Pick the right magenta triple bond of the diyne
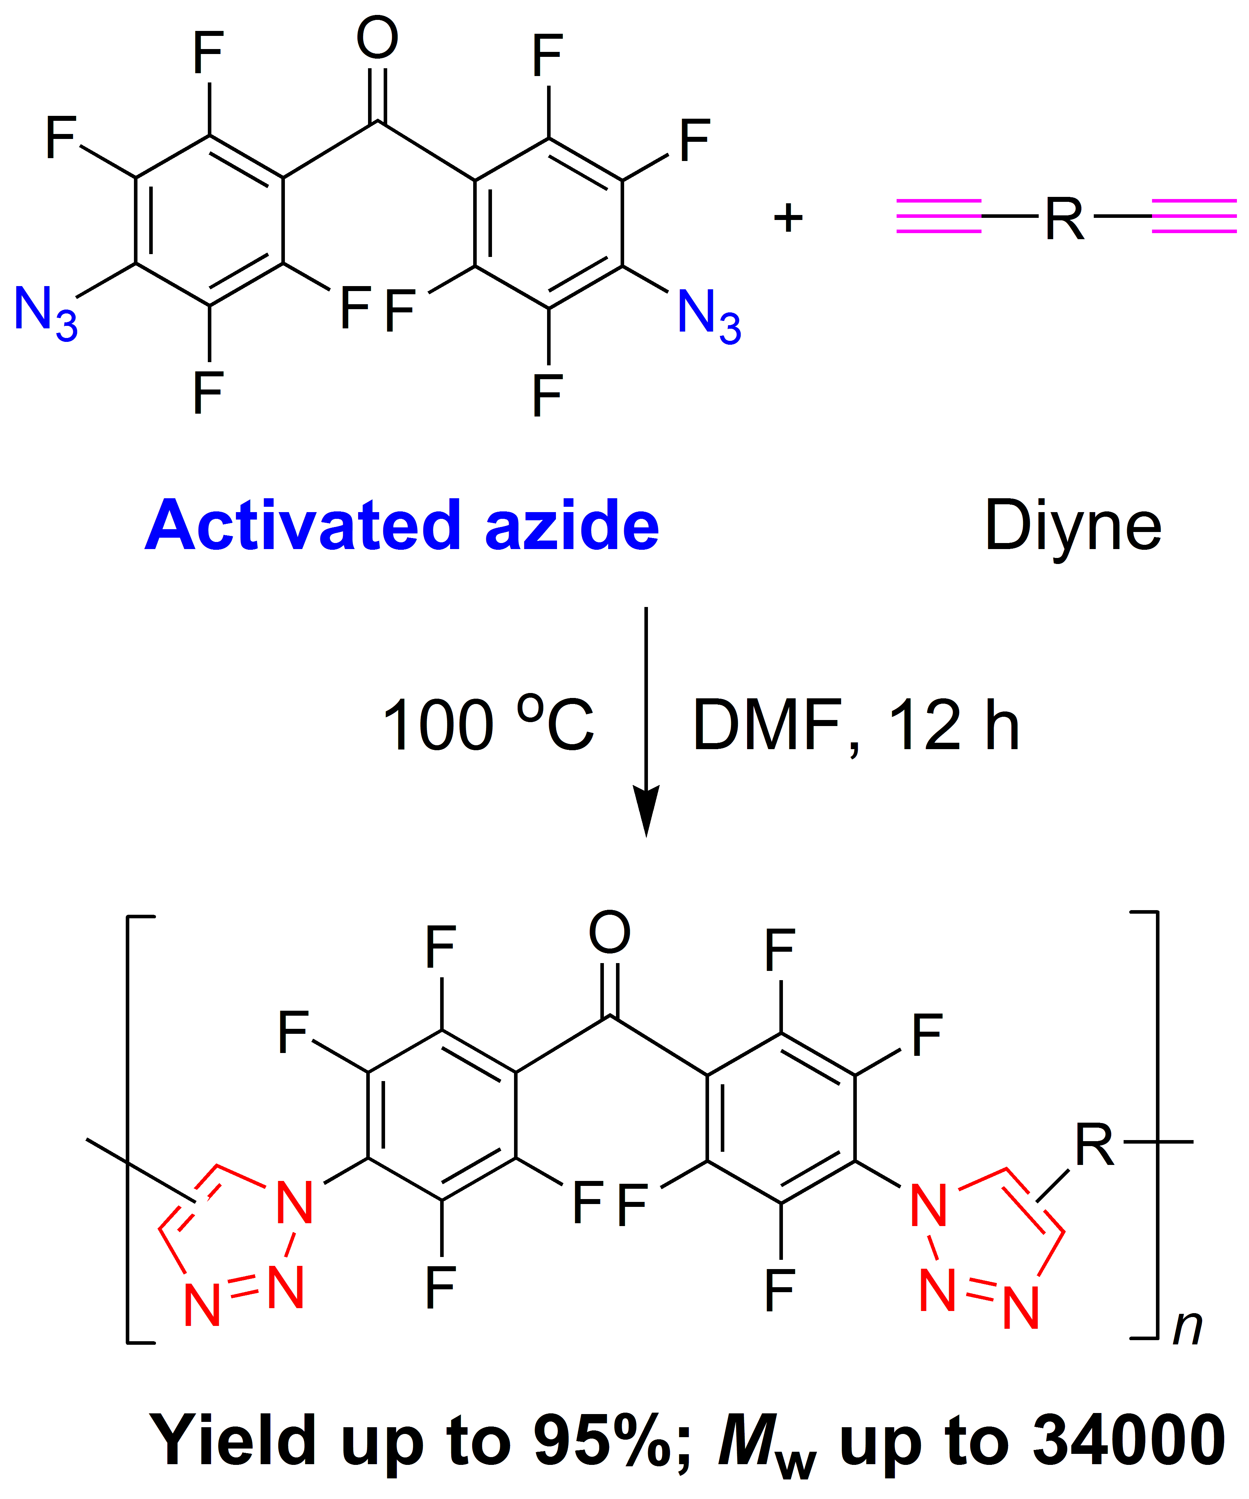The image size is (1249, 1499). click(1193, 216)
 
